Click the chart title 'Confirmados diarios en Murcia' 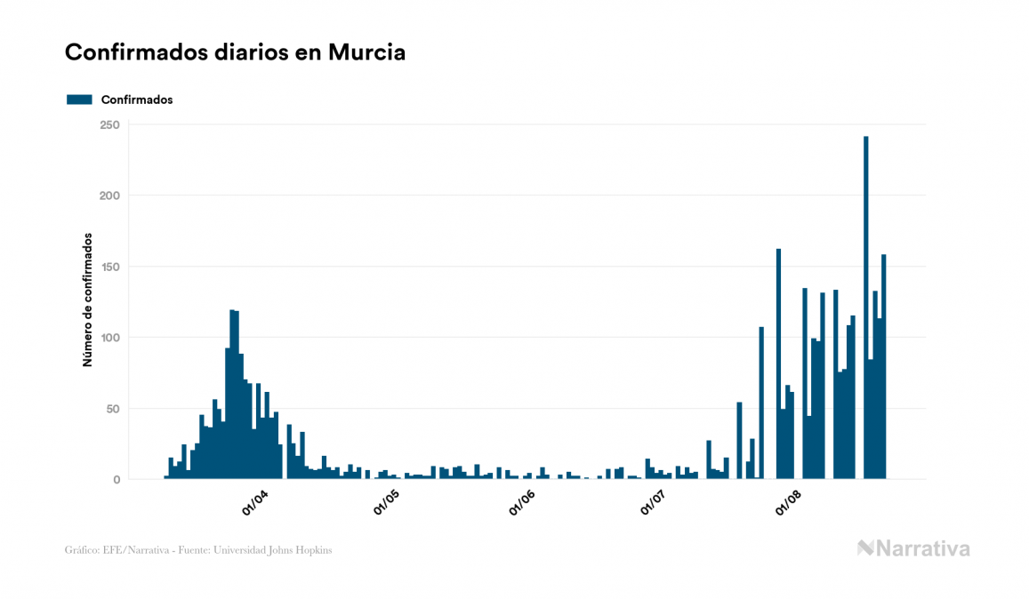coord(235,52)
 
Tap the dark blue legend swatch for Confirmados coord(79,100)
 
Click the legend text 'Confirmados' coord(137,100)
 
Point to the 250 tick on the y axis coord(109,124)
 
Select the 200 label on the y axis coord(109,196)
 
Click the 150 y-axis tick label coord(109,267)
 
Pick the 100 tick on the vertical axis coord(109,338)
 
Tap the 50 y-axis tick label coord(113,409)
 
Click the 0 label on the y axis coord(117,480)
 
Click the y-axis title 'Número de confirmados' coord(88,300)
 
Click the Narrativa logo coord(913,548)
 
